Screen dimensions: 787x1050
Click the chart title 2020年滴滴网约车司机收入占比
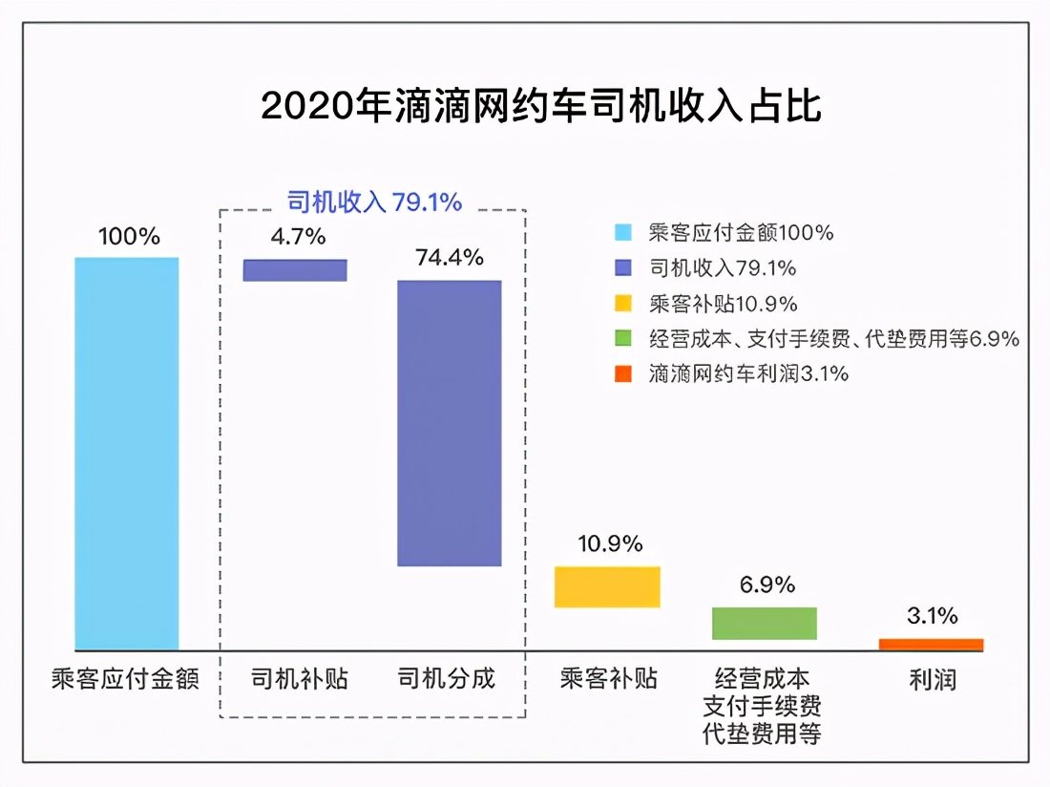tap(540, 107)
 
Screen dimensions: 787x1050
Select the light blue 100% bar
tap(127, 454)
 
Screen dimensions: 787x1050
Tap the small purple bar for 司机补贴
tap(295, 270)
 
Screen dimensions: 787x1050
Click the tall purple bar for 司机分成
tap(449, 423)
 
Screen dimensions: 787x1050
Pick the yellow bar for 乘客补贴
tap(607, 586)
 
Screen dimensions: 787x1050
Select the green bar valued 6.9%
tap(765, 623)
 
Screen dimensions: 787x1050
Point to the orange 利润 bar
tap(931, 645)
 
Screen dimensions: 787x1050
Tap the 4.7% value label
tap(298, 237)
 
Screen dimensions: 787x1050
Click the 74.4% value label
tap(450, 258)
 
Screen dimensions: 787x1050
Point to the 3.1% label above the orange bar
tap(932, 616)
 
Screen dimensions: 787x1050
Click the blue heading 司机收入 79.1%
tap(374, 202)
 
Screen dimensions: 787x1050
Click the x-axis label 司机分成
tap(447, 679)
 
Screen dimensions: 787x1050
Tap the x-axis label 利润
tap(932, 679)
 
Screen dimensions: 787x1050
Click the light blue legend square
tap(623, 232)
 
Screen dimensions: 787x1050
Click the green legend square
tap(623, 339)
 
